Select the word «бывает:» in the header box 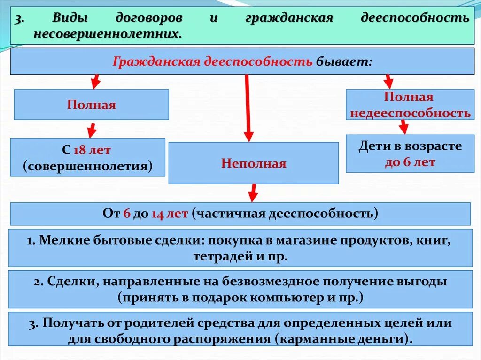point(344,61)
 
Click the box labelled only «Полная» point(91,104)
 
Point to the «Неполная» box point(253,163)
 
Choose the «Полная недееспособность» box point(410,105)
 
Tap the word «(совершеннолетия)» point(88,166)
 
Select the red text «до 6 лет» point(410,162)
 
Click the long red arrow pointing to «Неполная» point(248,108)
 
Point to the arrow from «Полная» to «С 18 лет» point(92,130)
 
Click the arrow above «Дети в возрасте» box point(403,127)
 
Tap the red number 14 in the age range point(157,214)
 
